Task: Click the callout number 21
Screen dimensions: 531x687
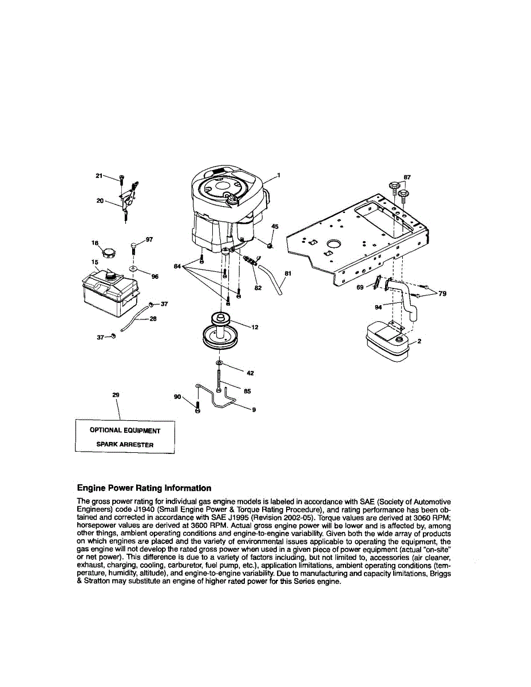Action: click(98, 176)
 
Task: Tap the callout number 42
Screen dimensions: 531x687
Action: click(249, 373)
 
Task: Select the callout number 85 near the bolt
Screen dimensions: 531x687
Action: click(247, 391)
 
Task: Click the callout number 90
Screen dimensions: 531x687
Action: click(177, 396)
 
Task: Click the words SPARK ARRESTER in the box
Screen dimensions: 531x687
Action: click(125, 444)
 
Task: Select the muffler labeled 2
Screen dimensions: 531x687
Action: click(387, 342)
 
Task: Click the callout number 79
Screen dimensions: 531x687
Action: click(442, 294)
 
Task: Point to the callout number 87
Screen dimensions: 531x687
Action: click(407, 177)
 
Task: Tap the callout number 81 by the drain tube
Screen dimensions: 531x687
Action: click(287, 274)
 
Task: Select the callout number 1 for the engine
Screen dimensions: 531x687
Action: click(279, 175)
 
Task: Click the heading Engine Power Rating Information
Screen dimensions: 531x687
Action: click(144, 488)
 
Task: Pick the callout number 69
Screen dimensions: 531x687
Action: click(360, 287)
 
